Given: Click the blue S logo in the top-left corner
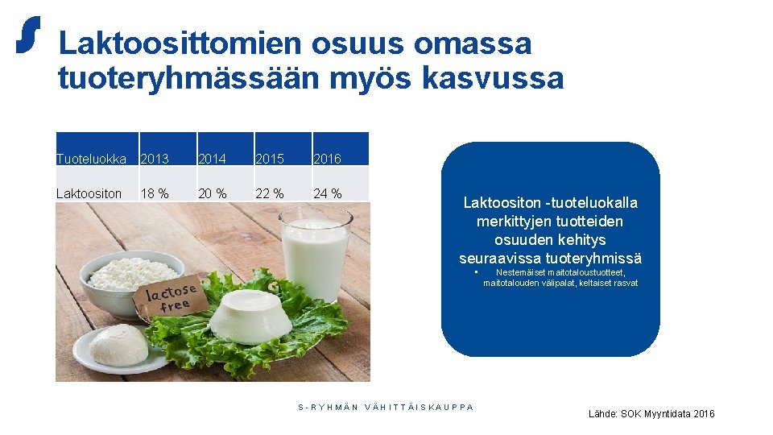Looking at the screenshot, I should (28, 36).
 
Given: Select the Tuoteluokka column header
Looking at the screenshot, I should (91, 159).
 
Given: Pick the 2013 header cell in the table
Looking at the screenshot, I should (155, 159).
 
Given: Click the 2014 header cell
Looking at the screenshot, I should (212, 159).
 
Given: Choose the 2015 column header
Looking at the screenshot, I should (270, 159).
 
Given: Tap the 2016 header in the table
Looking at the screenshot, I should (327, 159).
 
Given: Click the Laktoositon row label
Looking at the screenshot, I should (89, 193).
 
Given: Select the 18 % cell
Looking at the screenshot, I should (155, 193).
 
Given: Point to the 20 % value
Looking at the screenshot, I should (212, 193).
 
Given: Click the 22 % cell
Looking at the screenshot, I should (270, 193).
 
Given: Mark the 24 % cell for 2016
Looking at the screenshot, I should (327, 193).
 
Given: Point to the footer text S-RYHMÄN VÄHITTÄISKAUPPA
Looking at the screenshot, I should (386, 407).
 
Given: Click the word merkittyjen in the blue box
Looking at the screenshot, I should (511, 221).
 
